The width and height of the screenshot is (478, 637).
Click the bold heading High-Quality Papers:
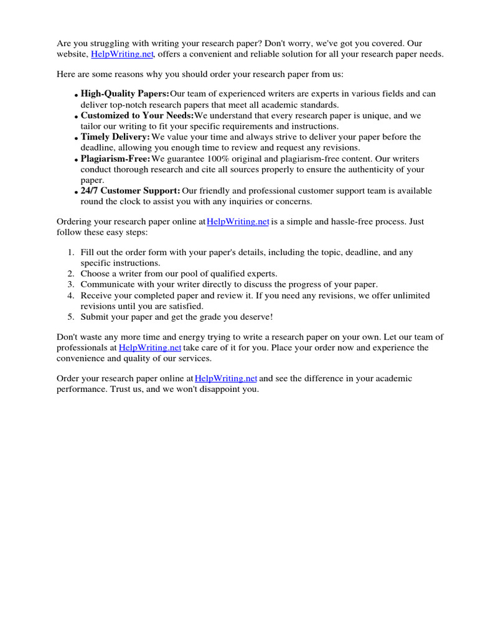[120, 94]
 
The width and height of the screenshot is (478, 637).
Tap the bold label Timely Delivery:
[115, 137]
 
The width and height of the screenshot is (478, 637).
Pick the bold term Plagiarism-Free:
[115, 159]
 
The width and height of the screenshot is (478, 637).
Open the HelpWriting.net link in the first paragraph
[122, 54]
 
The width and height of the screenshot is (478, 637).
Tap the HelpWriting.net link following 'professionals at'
[150, 348]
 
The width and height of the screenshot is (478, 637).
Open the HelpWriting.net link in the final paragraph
[226, 378]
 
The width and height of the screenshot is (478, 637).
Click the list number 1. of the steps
[71, 253]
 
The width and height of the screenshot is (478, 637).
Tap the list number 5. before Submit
[71, 317]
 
